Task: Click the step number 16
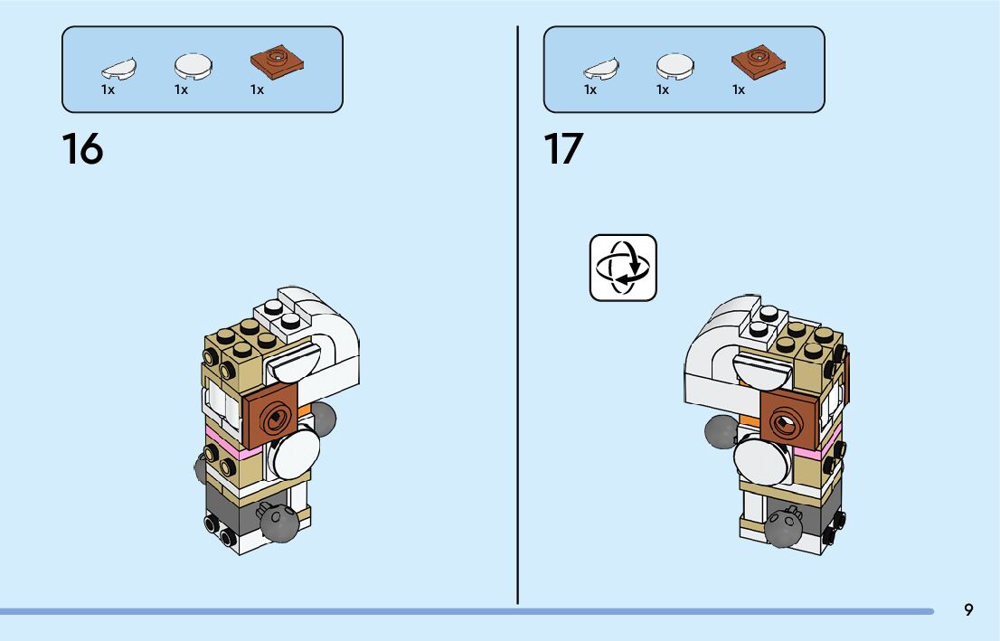82,149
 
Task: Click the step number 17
563,149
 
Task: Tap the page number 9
968,610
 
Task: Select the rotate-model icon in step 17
623,268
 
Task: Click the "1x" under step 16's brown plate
258,90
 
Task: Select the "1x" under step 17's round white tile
663,90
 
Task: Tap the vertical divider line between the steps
518,316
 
